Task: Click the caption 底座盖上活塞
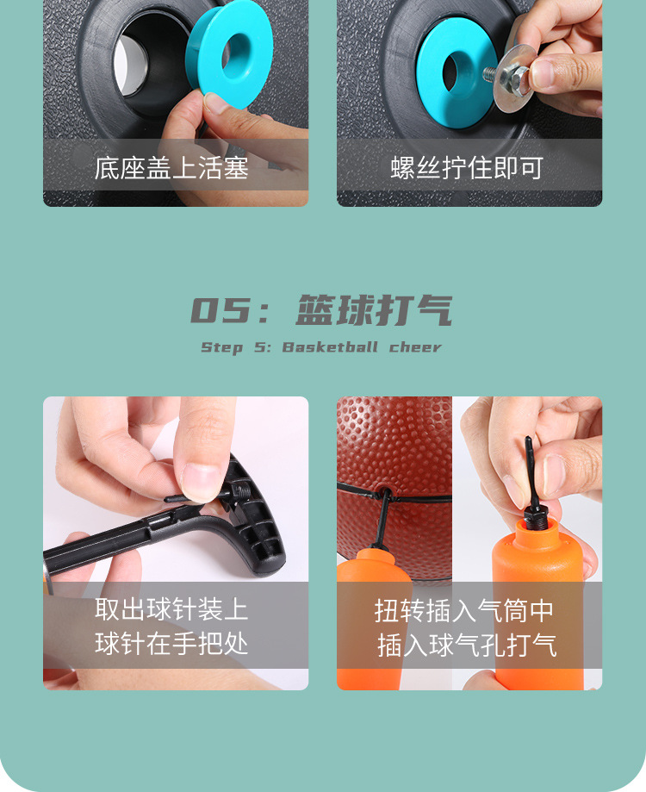pyautogui.click(x=171, y=167)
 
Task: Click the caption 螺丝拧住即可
pyautogui.click(x=468, y=167)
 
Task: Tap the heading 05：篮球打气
pyautogui.click(x=321, y=311)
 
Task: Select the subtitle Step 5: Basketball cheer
pyautogui.click(x=321, y=347)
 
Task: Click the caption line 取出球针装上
pyautogui.click(x=171, y=610)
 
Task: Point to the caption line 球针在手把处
pyautogui.click(x=171, y=644)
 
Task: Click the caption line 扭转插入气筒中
pyautogui.click(x=465, y=610)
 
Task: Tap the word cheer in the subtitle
pyautogui.click(x=415, y=347)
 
